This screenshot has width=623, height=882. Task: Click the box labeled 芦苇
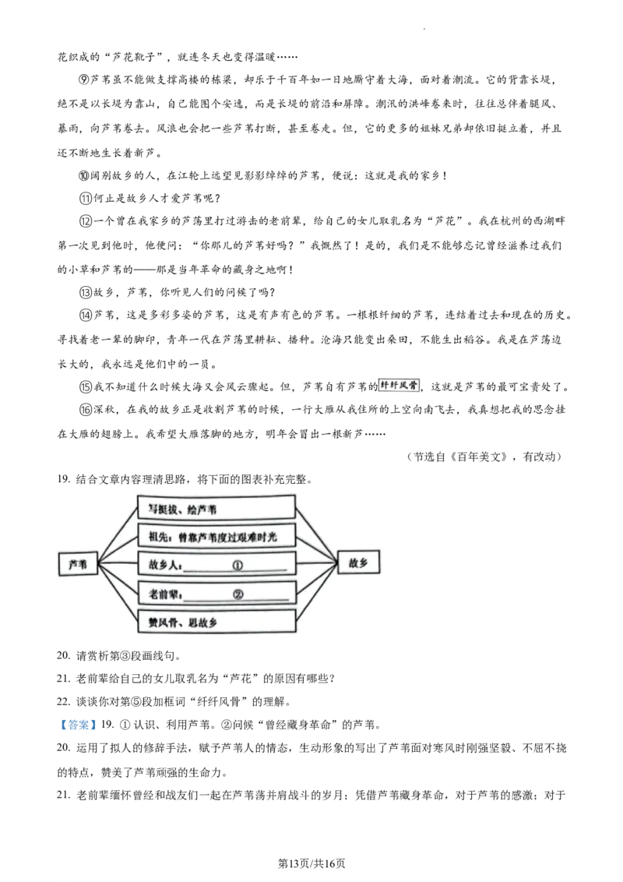(78, 563)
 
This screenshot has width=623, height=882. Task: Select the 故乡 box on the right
(358, 563)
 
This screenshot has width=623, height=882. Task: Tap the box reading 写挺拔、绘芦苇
(216, 507)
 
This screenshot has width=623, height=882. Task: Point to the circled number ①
(238, 566)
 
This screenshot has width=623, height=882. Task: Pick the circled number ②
(238, 594)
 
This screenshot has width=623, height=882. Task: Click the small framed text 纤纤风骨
(399, 385)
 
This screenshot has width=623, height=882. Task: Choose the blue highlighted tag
(78, 725)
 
